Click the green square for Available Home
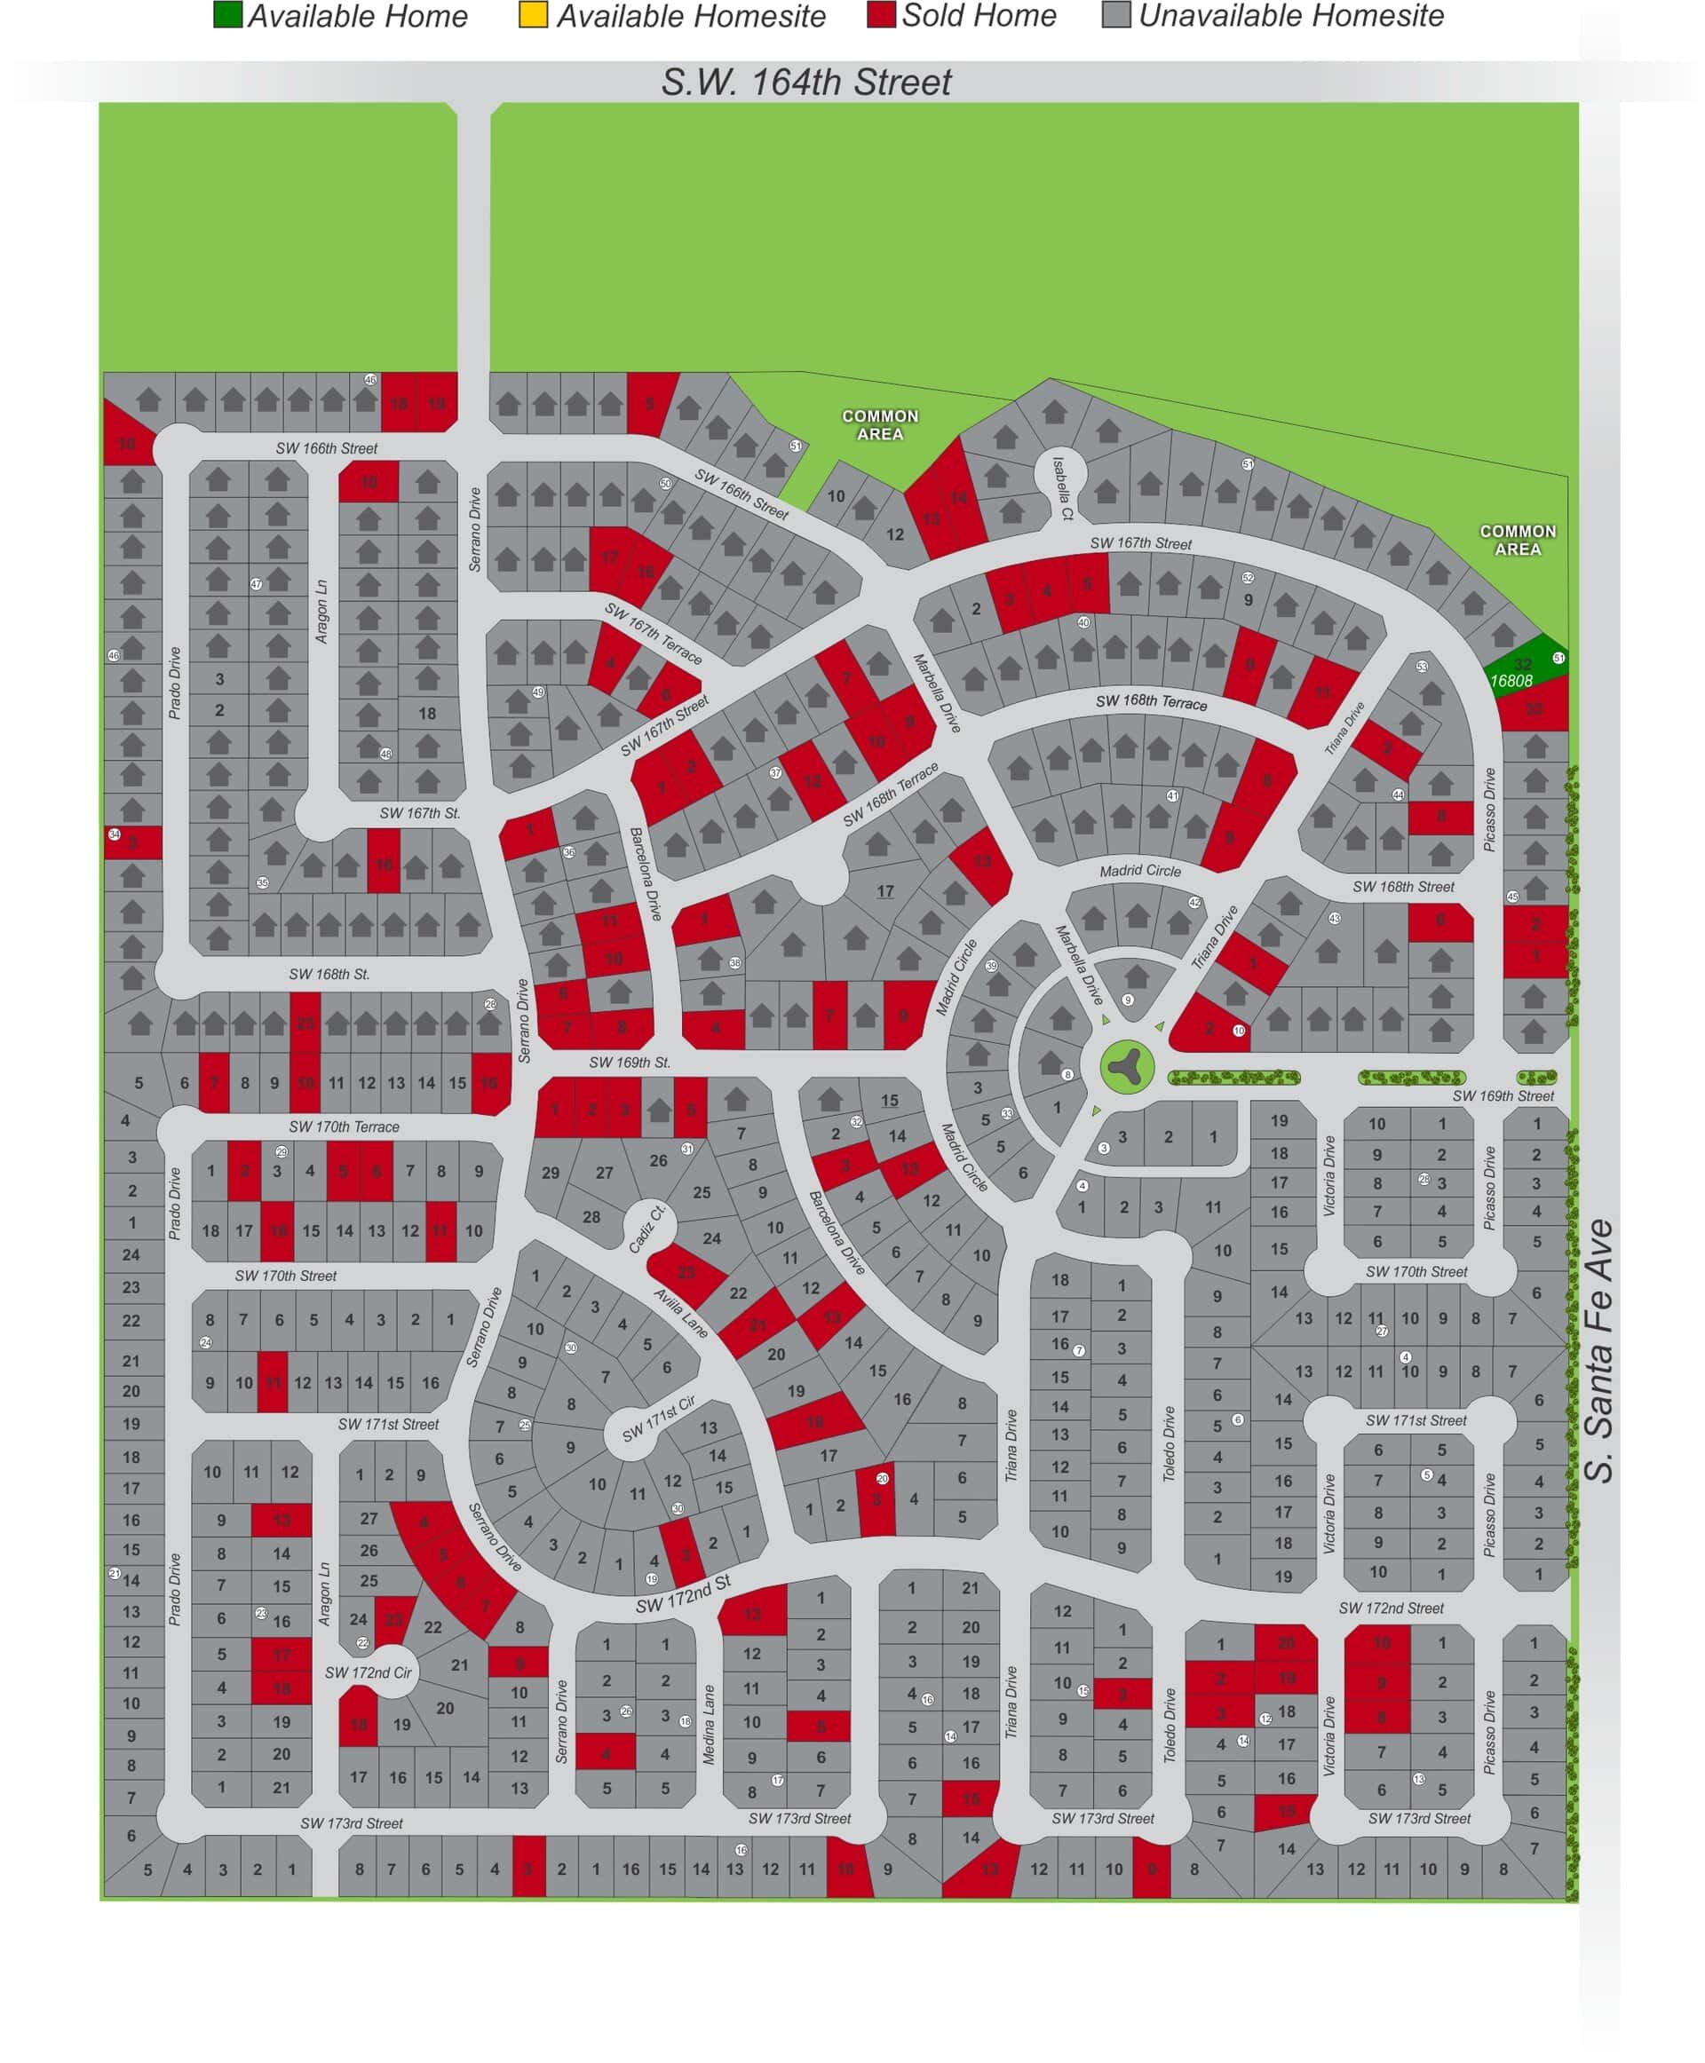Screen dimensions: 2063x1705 point(228,16)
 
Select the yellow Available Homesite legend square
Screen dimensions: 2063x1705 point(532,16)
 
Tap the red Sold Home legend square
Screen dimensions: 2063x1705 point(881,16)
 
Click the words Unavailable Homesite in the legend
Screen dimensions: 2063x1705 point(1290,16)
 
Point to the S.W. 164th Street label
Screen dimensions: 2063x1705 point(805,83)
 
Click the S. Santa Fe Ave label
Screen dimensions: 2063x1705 point(1600,1350)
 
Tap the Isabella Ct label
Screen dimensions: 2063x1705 point(1063,487)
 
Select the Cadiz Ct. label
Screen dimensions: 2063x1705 point(647,1229)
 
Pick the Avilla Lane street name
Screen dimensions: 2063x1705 point(680,1312)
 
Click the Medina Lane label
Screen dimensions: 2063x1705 point(708,1724)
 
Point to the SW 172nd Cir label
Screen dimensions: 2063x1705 point(369,1672)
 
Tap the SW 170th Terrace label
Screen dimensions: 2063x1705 point(344,1126)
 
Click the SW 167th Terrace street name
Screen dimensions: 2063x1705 point(653,633)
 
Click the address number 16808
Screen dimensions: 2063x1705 point(1511,681)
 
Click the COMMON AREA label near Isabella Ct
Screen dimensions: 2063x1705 point(880,424)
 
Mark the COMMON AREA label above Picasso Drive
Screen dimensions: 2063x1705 point(1518,539)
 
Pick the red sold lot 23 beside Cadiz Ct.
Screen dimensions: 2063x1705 point(686,1273)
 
